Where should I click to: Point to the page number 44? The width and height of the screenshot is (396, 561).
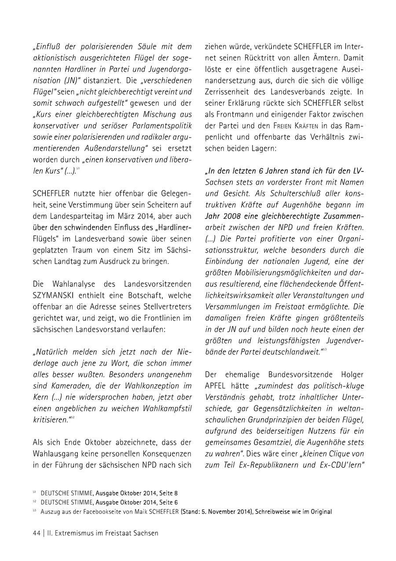click(37, 533)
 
